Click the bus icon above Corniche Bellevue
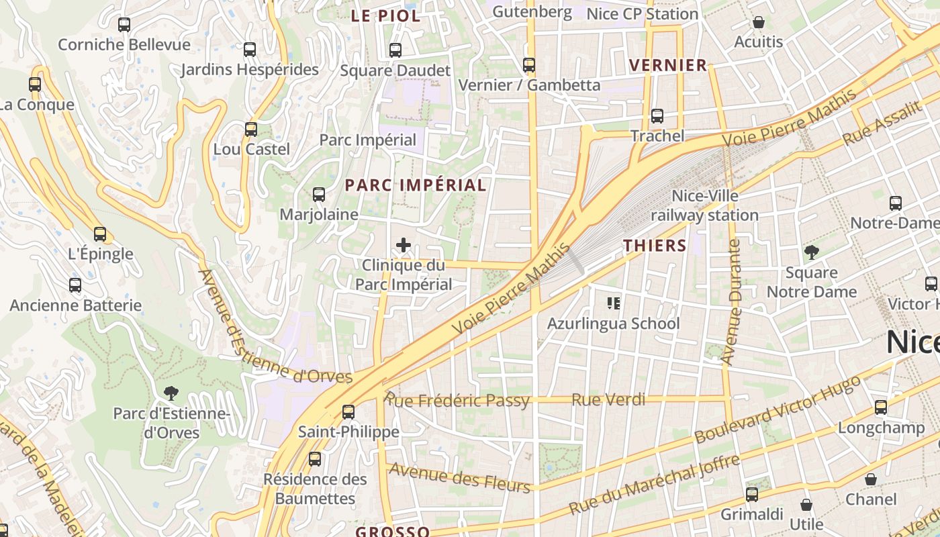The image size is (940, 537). point(124,25)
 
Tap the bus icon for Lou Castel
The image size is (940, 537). point(251,130)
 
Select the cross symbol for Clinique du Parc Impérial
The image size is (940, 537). point(404,245)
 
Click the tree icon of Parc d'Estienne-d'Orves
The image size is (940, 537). point(171,393)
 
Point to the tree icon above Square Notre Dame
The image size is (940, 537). point(812,252)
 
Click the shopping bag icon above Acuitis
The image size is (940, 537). point(759,22)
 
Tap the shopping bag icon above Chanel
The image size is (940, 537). point(871,479)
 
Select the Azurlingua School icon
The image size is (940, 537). point(613,303)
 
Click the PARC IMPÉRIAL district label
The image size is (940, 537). point(416,185)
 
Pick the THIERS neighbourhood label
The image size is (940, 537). point(655,246)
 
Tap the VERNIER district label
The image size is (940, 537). point(668,65)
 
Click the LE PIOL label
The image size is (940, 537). point(386,16)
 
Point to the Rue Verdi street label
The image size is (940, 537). point(608,400)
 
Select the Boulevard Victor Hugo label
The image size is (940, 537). point(778,409)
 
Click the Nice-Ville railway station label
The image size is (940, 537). point(705,205)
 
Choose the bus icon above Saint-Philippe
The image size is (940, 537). point(348,412)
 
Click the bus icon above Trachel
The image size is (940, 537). point(657,116)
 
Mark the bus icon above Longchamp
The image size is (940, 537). point(881,407)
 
